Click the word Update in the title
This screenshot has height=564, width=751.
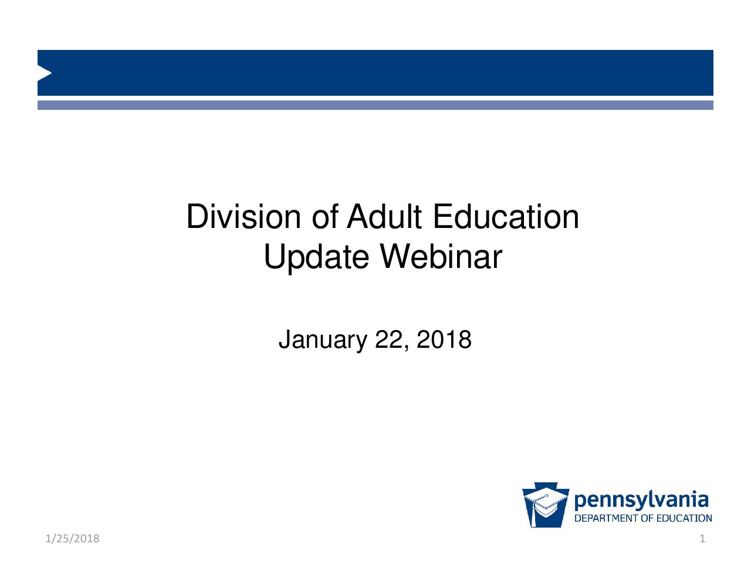click(x=316, y=257)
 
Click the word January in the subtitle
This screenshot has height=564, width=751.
click(x=323, y=340)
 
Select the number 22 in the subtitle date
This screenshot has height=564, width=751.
click(x=388, y=340)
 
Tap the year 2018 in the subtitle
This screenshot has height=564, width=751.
click(x=444, y=340)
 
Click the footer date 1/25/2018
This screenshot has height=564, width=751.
click(x=72, y=539)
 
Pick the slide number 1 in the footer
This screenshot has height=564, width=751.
click(x=702, y=539)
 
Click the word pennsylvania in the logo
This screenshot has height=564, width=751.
click(x=641, y=501)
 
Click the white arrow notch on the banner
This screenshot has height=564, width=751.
click(x=44, y=73)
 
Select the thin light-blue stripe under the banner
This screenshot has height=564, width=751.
click(x=375, y=105)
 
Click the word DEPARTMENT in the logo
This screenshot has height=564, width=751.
click(x=606, y=518)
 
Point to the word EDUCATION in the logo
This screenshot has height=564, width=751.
click(x=684, y=518)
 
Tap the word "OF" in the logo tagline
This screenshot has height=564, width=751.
click(x=647, y=518)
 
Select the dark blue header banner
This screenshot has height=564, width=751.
click(x=375, y=73)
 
